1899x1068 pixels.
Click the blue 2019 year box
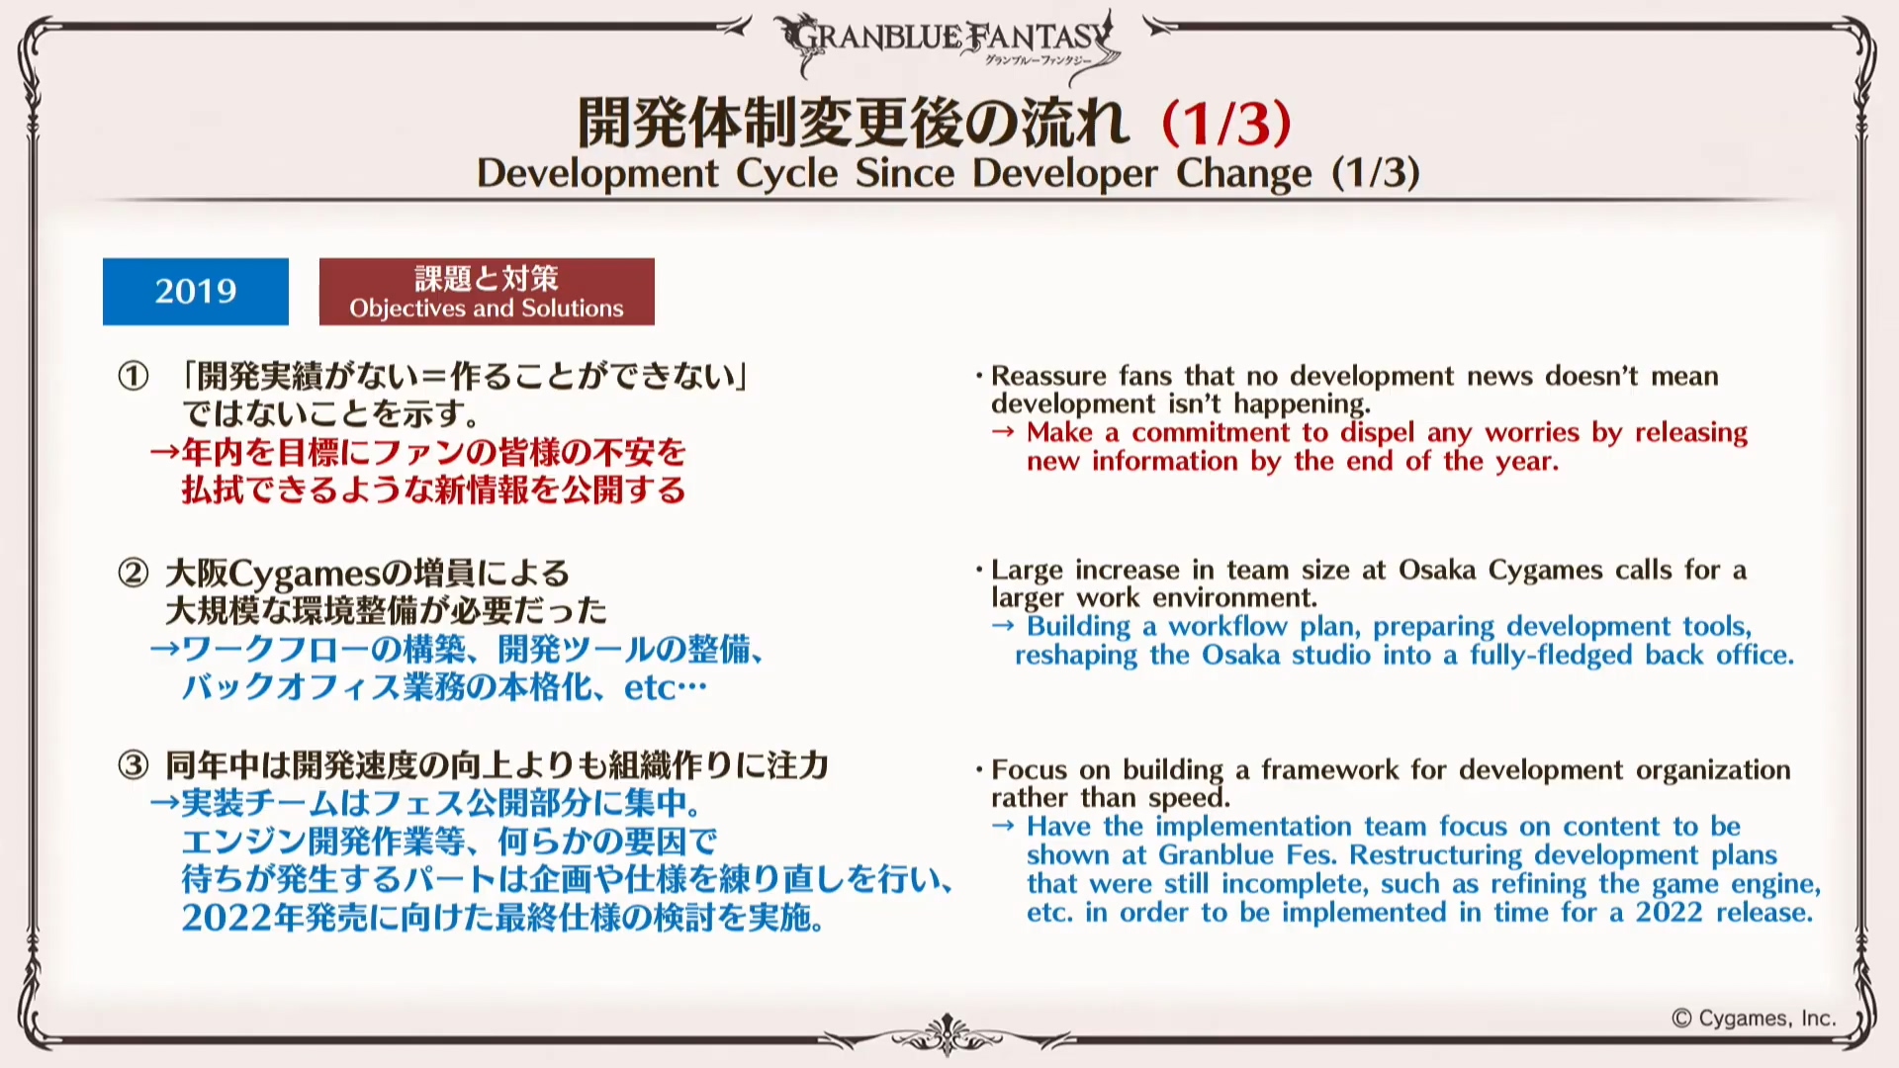(196, 292)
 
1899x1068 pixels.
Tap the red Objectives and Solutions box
(487, 292)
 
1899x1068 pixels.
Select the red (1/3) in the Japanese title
(1226, 123)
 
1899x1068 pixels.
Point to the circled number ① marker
(134, 376)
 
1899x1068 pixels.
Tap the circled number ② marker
(134, 573)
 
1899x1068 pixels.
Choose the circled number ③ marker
(134, 764)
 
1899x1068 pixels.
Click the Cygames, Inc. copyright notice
(1754, 1019)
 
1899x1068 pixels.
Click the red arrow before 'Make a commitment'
(1003, 432)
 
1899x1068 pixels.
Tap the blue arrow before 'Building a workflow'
(1003, 626)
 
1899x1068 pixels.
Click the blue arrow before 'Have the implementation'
(1003, 826)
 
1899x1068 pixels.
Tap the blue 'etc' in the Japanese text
(649, 687)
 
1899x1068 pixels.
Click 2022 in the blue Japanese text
(226, 918)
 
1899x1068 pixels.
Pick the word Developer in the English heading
(1064, 173)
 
